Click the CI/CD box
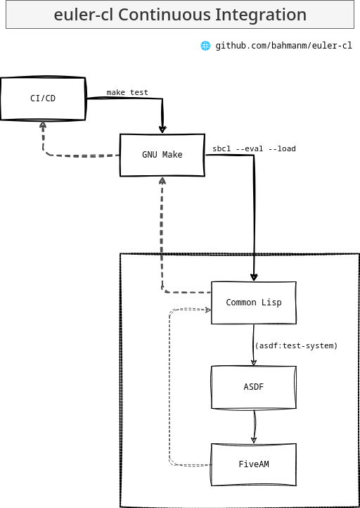43,99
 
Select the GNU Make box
162,155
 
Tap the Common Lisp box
254,303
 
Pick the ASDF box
254,387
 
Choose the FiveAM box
254,464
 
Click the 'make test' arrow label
127,93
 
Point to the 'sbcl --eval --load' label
254,148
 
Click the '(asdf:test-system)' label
296,346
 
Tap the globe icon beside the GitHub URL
205,46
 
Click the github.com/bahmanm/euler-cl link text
283,46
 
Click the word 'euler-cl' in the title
83,15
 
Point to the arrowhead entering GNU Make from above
162,129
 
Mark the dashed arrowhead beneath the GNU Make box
162,180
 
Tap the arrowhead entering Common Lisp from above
254,277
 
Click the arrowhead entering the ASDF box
254,362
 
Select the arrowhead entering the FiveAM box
254,440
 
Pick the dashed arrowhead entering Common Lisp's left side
208,310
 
